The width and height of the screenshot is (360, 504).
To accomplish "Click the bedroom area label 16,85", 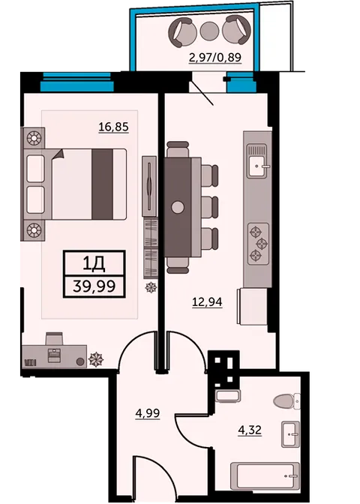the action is [113, 127].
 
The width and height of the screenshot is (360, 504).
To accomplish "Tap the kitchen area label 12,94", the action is [207, 301].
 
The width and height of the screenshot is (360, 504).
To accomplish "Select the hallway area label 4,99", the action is [148, 413].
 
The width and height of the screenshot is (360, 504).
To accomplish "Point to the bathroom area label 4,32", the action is [250, 430].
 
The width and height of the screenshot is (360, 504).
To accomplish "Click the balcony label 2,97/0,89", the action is [215, 58].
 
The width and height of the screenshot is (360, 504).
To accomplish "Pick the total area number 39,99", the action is [94, 286].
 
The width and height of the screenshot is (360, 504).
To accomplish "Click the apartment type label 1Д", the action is [94, 264].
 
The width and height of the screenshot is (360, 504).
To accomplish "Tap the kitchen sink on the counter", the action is [257, 160].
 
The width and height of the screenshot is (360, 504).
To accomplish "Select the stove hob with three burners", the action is [258, 243].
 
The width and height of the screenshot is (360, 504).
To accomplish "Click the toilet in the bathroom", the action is [286, 400].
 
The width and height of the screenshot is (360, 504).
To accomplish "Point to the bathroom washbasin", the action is [290, 434].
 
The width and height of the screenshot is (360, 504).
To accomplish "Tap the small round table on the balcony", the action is [209, 31].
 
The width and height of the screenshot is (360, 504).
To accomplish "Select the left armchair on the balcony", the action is [182, 31].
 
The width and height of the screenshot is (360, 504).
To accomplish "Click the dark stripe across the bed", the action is [103, 184].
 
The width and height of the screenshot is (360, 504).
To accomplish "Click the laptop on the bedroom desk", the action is [54, 355].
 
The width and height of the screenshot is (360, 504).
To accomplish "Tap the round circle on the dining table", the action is [178, 207].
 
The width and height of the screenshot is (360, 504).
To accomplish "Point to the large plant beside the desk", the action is [96, 360].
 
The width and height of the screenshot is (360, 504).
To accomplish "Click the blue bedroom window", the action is [76, 82].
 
